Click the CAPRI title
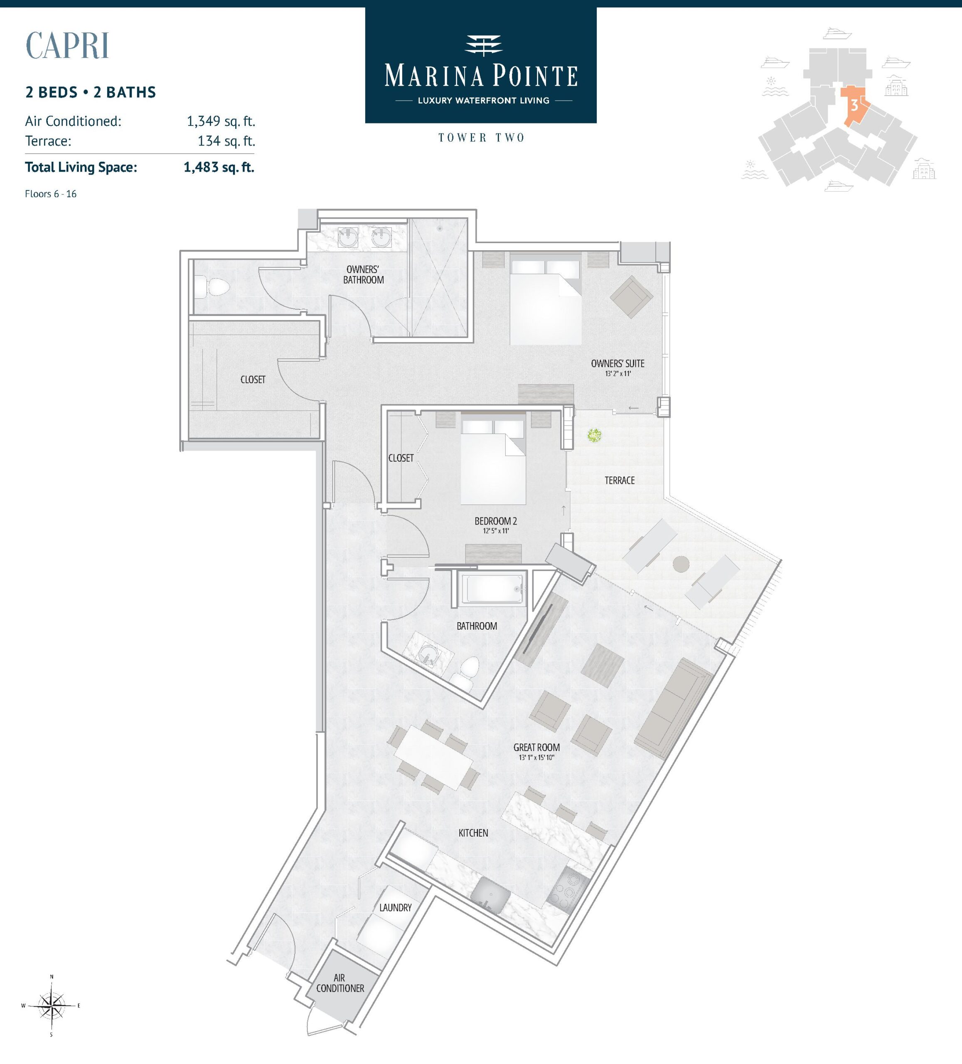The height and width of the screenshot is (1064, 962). (x=67, y=45)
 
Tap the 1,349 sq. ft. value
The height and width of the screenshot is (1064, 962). (x=221, y=121)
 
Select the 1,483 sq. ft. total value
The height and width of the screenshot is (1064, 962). (x=219, y=167)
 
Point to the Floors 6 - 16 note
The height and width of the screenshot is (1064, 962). (x=51, y=194)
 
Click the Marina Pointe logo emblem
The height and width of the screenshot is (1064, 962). (x=483, y=45)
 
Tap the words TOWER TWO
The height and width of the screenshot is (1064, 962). (x=481, y=138)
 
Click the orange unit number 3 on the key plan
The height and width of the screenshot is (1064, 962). (x=854, y=106)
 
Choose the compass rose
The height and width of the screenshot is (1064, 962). (x=52, y=1006)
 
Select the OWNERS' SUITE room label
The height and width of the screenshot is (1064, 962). (x=618, y=364)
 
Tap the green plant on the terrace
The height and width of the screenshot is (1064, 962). (x=595, y=436)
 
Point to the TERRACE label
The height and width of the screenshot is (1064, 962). (x=620, y=480)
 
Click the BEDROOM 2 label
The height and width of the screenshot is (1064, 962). (x=495, y=521)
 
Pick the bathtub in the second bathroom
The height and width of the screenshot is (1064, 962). (x=492, y=588)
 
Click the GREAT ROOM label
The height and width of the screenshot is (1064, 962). (x=536, y=747)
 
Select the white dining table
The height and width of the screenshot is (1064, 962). (x=434, y=757)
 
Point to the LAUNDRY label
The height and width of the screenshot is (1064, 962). (x=395, y=908)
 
